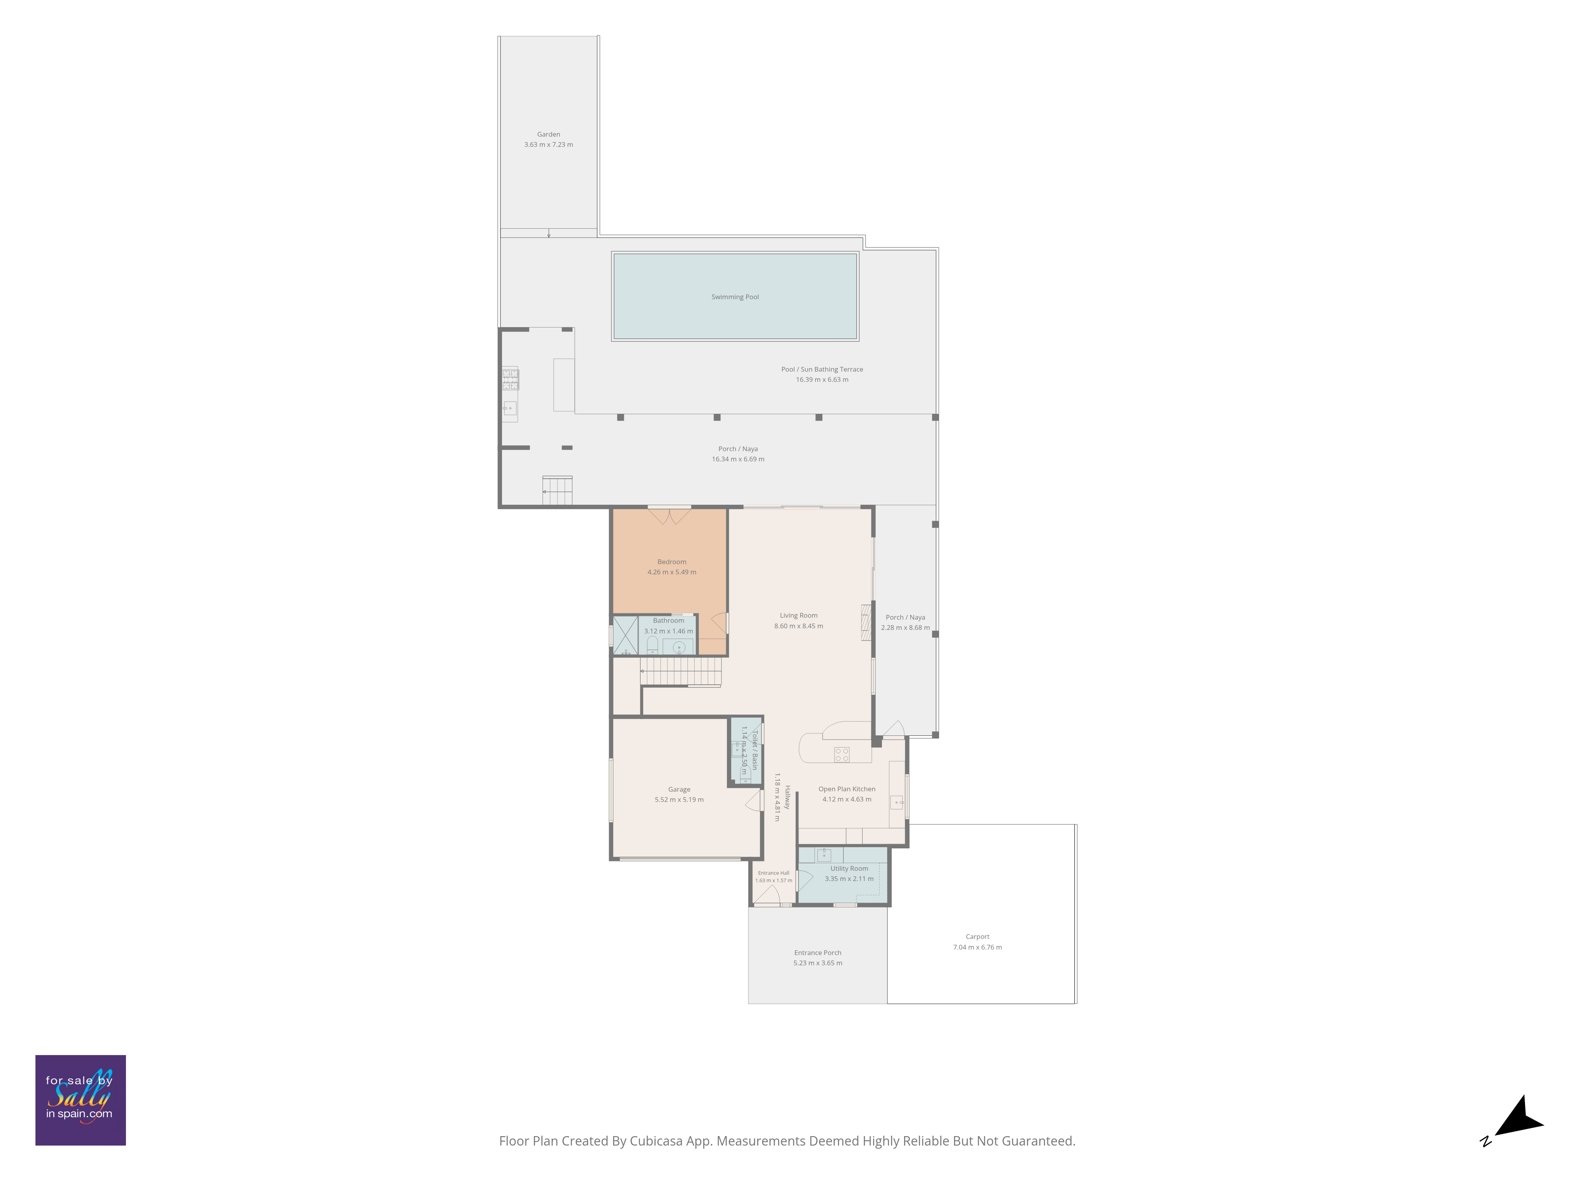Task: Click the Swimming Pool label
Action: (735, 297)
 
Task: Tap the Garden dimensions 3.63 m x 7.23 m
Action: (548, 144)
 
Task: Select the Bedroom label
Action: (671, 562)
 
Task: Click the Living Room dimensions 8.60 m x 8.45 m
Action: (798, 626)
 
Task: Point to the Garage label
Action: (678, 789)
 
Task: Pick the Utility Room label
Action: (849, 868)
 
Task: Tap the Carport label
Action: (977, 937)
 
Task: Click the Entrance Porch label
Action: (817, 953)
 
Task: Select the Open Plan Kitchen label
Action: (847, 789)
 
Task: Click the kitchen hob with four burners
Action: (841, 755)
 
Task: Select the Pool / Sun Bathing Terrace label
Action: (822, 370)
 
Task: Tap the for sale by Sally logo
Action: (80, 1100)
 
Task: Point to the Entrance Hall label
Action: (773, 873)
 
